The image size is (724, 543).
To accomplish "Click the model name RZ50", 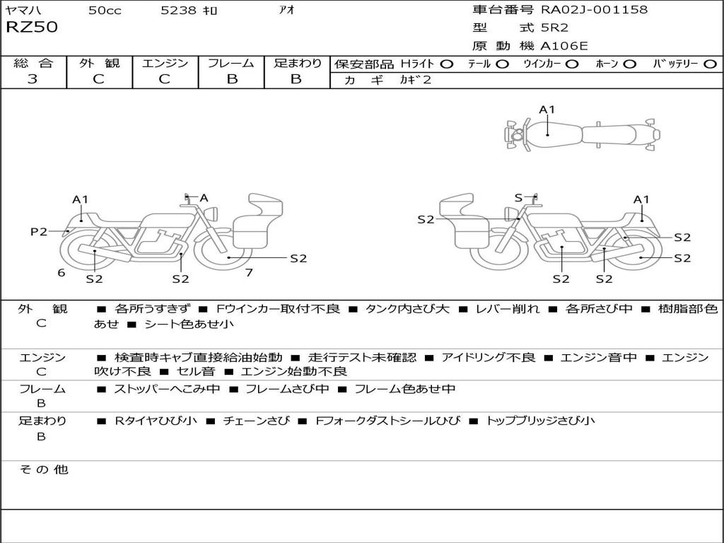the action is point(32,28).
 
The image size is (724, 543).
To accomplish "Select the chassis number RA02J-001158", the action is point(594,10).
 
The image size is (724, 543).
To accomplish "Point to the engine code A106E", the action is point(564,46).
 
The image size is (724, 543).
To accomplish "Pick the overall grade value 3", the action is point(33,79).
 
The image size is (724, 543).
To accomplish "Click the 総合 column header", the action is point(33,64).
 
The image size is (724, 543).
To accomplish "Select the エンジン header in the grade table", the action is point(165,64).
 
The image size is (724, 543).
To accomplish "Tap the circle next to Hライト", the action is point(446,64).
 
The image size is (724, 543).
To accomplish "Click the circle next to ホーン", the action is point(629,64).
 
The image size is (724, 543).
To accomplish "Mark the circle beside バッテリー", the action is point(710,64).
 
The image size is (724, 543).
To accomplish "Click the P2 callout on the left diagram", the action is point(39,231).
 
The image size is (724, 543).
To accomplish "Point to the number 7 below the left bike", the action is point(249,272).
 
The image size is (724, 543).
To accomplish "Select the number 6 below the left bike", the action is point(62,272).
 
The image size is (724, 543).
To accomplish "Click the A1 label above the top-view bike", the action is point(547,110).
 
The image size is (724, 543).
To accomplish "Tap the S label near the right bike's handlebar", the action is point(518,198).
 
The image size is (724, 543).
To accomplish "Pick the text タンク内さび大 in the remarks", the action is point(403,309).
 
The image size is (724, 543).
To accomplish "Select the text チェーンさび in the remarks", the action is point(256,421).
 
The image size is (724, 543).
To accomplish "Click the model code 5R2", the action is point(554,28).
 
